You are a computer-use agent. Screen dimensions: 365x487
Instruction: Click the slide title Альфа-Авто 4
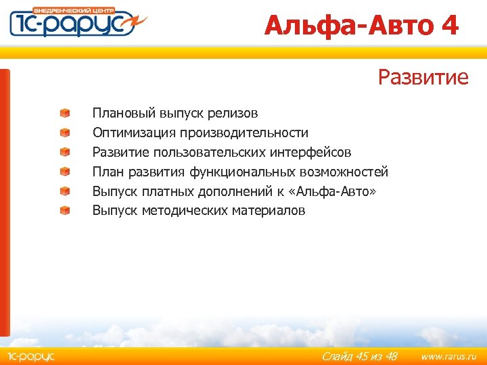(361, 26)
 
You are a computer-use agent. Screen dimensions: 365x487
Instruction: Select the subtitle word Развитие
(423, 77)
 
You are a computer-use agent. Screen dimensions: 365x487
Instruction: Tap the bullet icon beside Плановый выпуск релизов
(64, 113)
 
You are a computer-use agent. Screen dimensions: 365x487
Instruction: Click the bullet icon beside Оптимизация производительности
(64, 132)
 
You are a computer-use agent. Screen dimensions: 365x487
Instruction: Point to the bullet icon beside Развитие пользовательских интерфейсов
(64, 152)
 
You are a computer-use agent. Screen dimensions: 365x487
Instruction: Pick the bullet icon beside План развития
(64, 172)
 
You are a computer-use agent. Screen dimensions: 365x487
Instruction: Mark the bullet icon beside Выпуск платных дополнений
(64, 191)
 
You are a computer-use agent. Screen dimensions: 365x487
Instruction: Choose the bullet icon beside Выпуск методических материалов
(64, 211)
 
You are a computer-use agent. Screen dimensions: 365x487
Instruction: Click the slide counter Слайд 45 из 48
(359, 356)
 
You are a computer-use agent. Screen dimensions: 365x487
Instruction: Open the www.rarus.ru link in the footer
(444, 356)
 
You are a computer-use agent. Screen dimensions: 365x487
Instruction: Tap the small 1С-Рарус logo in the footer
(30, 356)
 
